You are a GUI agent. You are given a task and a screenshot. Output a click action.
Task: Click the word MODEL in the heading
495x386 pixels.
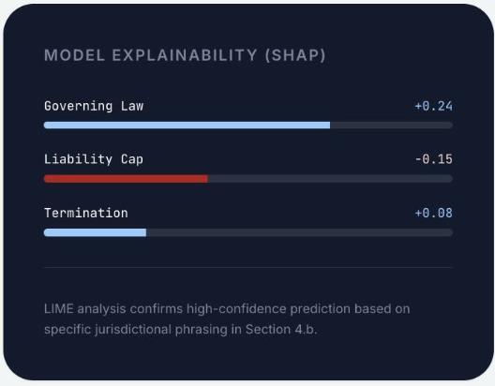(x=74, y=55)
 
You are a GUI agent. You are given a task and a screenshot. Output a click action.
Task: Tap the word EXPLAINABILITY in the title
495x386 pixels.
(x=185, y=55)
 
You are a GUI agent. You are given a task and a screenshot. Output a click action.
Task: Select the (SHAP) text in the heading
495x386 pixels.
(x=295, y=55)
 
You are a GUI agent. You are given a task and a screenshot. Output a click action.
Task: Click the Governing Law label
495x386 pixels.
(x=94, y=106)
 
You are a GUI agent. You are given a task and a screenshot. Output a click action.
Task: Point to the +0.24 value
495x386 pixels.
(x=434, y=106)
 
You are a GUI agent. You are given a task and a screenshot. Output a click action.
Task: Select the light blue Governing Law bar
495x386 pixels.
(x=187, y=126)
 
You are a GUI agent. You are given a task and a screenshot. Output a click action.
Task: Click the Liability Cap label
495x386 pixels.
(x=94, y=159)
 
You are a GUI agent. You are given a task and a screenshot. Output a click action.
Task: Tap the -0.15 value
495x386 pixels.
(x=434, y=159)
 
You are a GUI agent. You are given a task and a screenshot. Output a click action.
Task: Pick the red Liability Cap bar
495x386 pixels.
(x=126, y=179)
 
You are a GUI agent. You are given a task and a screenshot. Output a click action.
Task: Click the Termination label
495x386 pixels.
(x=86, y=213)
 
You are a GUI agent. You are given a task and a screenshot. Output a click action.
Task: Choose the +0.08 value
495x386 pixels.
(x=434, y=213)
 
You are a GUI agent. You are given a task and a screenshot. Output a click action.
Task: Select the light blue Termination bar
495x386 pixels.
(x=95, y=232)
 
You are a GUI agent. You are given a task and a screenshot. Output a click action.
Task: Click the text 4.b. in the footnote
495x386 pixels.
(x=306, y=330)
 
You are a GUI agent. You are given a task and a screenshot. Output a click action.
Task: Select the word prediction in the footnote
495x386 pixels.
(x=321, y=309)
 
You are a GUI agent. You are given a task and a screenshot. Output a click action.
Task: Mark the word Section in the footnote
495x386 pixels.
(x=268, y=330)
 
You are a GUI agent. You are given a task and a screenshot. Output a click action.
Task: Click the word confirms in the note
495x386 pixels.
(x=157, y=309)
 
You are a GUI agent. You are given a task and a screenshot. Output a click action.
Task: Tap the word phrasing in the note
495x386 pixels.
(x=201, y=330)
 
